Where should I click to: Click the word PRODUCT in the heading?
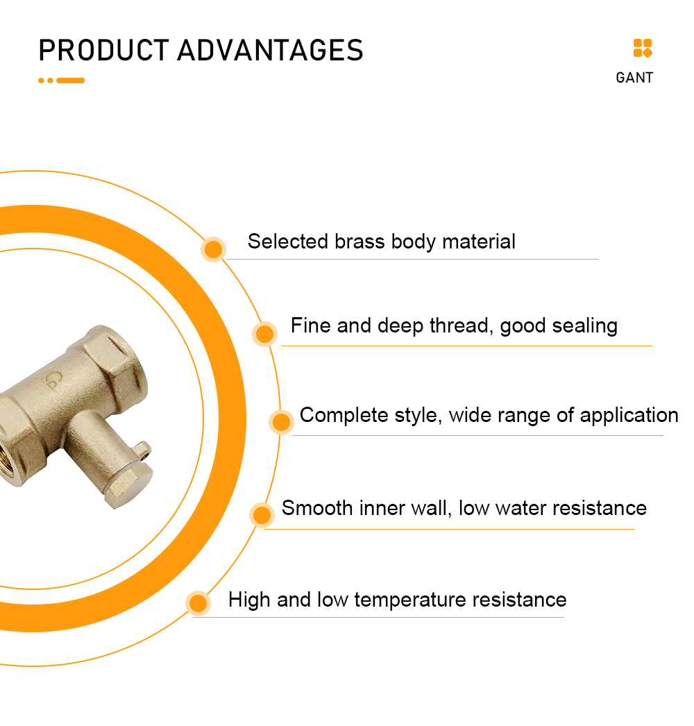tap(103, 50)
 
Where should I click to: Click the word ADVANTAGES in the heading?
tap(271, 50)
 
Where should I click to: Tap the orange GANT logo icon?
tap(643, 48)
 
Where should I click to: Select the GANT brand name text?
tap(634, 78)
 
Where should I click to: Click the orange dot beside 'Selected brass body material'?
tap(214, 250)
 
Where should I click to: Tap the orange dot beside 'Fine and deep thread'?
tap(265, 334)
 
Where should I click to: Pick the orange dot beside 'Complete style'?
tap(282, 422)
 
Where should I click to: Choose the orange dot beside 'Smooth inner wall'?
tap(262, 515)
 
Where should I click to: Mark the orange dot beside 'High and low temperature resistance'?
tap(198, 603)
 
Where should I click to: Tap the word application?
tap(629, 416)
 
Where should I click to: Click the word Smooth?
tap(317, 508)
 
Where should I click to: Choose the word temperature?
tap(410, 600)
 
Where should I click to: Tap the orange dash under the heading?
tap(70, 81)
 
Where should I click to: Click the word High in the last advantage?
tap(249, 600)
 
